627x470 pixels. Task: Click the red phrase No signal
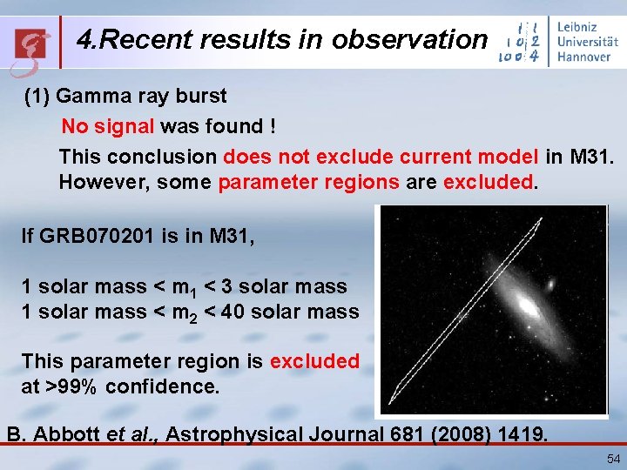point(107,127)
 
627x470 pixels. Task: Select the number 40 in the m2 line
point(233,311)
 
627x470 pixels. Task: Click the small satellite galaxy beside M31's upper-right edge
point(550,284)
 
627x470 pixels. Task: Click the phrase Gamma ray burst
point(141,97)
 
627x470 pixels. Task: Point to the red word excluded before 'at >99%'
point(314,361)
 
